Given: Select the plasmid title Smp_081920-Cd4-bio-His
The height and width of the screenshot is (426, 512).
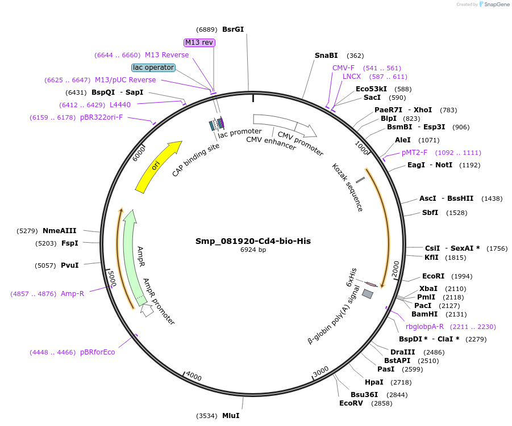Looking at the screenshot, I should (253, 241).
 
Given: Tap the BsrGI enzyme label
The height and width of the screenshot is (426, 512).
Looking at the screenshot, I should (233, 29).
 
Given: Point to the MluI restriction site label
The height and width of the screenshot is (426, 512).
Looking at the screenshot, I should (231, 416).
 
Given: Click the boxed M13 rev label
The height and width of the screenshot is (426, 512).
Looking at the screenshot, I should (199, 43).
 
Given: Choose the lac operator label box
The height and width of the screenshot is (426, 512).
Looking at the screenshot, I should (153, 68).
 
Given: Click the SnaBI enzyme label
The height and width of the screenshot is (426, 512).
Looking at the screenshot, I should (326, 56).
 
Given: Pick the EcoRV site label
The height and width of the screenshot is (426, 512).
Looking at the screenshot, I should (351, 403).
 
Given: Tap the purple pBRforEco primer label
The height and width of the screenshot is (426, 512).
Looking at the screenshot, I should (97, 352).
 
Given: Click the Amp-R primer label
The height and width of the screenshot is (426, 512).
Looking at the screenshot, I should (72, 294).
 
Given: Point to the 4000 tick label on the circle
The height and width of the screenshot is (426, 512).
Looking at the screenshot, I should (194, 377).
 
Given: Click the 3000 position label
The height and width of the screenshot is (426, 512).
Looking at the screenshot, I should (321, 371).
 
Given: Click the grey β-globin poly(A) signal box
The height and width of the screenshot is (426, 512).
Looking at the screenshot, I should (368, 294).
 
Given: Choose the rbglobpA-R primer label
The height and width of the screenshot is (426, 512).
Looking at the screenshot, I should (424, 327).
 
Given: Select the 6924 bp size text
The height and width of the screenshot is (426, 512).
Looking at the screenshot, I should (253, 250).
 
